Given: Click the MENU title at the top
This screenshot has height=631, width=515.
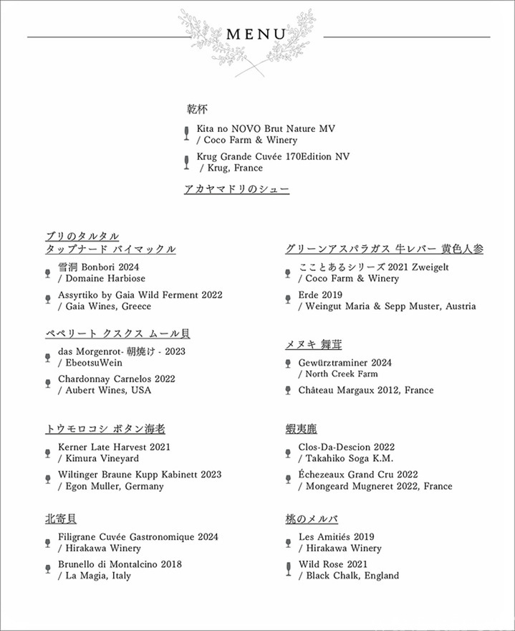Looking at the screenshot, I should pos(256,34).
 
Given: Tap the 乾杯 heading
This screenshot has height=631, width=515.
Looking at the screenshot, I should pos(196,110).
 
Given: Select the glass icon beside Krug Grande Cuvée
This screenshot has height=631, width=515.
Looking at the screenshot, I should pos(187,161).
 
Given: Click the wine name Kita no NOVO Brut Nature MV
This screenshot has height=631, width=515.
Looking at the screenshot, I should pos(266,128).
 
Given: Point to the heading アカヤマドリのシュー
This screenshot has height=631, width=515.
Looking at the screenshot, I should pos(236,189).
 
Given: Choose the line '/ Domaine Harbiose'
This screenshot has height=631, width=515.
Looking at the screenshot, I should pos(102,278).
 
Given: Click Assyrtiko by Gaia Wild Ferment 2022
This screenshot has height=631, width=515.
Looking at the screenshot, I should pos(140,295).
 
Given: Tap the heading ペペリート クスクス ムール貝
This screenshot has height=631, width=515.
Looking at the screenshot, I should pos(117,333).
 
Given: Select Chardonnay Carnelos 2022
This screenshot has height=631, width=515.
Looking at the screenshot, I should pos(117,379).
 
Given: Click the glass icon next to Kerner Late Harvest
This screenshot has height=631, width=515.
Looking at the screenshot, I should pos(48,451).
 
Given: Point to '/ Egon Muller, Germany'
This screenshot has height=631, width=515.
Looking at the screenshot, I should pos(111,486).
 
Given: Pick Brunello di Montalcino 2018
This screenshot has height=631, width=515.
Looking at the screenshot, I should pos(120,564).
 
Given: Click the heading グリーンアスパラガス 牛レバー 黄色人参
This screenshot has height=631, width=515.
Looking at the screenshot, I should pos(384,249).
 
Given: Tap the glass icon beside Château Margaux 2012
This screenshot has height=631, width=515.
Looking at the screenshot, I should pos(288,390).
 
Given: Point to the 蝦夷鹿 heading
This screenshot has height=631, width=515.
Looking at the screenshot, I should pos(301,429).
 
